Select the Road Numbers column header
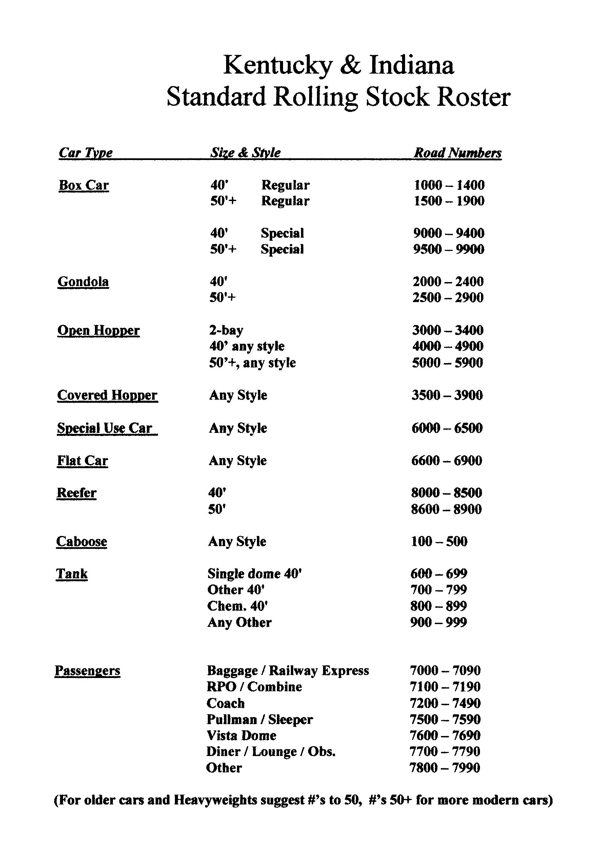tap(458, 153)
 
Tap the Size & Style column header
tap(245, 153)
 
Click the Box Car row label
tap(84, 185)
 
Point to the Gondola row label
tap(83, 282)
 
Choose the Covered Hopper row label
tap(107, 395)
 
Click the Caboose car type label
tap(82, 541)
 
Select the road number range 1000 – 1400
tap(449, 185)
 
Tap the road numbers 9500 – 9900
tap(448, 250)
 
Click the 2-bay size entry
tap(226, 330)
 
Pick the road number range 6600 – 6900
tap(447, 461)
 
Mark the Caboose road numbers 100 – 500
tap(439, 541)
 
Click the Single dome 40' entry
tap(254, 574)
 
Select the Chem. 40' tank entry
tap(238, 606)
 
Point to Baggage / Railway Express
tap(288, 671)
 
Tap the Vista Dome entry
tap(241, 736)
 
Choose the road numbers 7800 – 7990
tap(445, 768)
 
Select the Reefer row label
tap(76, 493)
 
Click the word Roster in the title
tap(474, 98)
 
